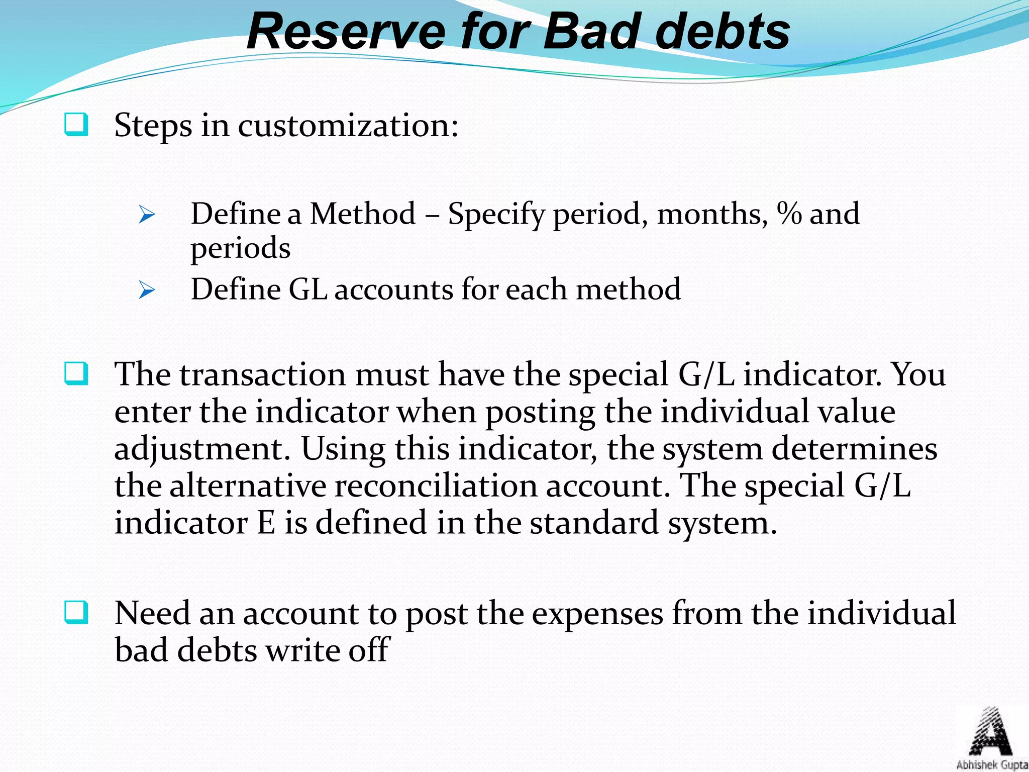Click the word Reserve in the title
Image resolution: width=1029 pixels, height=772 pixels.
pos(346,32)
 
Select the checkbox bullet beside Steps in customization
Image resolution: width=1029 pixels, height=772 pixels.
pos(76,125)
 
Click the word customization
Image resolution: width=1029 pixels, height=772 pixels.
pos(348,126)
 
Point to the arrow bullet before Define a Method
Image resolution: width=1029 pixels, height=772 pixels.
pos(147,215)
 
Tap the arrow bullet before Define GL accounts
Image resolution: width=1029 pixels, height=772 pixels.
pos(147,291)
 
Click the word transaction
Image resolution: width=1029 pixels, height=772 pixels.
pos(263,375)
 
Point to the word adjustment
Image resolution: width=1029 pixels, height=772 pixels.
pos(202,449)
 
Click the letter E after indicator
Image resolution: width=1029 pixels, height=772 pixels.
pos(266,523)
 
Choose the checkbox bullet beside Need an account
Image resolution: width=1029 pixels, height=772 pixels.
pos(76,613)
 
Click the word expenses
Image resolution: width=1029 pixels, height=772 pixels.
pos(597,614)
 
